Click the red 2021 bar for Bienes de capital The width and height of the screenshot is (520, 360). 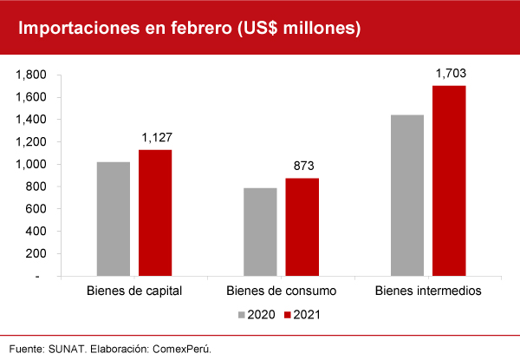pos(155,213)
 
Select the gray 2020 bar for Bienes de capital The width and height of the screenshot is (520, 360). pos(114,219)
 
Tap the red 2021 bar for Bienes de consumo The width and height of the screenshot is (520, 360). pos(302,226)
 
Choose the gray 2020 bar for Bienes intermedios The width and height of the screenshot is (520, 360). pos(407,195)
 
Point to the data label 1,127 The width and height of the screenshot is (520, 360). pos(156,138)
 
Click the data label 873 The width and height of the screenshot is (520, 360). pos(302,166)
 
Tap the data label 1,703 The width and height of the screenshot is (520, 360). pos(450,73)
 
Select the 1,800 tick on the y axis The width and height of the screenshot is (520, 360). pos(29,75)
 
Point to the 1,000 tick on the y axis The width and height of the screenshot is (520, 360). pos(29,164)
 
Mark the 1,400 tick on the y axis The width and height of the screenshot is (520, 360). pos(29,120)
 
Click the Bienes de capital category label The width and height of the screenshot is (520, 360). pos(134,291)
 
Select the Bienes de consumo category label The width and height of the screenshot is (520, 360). pos(281,291)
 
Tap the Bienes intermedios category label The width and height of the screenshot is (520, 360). pos(427,291)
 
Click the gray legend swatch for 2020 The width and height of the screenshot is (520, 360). pos(242,314)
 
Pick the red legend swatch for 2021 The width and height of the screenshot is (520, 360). pos(287,314)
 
